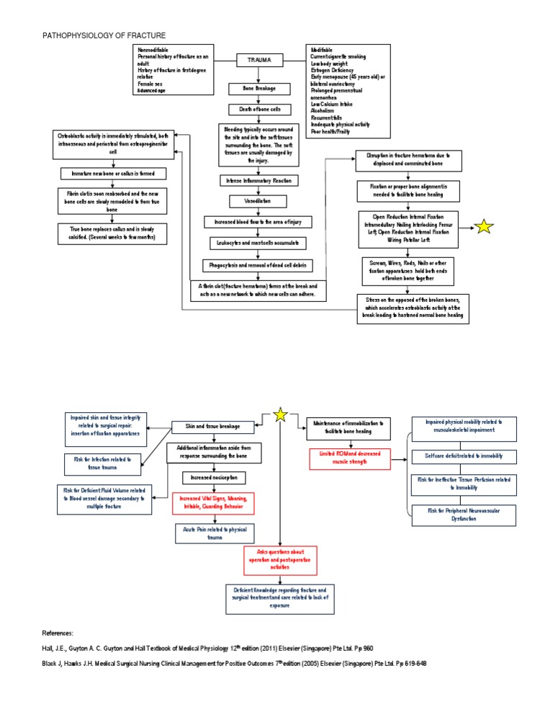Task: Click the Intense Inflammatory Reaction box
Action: coord(258,179)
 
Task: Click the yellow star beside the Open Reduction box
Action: coord(485,227)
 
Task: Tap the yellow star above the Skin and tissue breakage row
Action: coord(281,415)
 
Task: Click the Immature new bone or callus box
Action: coord(113,174)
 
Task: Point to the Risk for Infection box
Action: coord(99,463)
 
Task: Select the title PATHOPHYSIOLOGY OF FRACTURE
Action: coord(105,35)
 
